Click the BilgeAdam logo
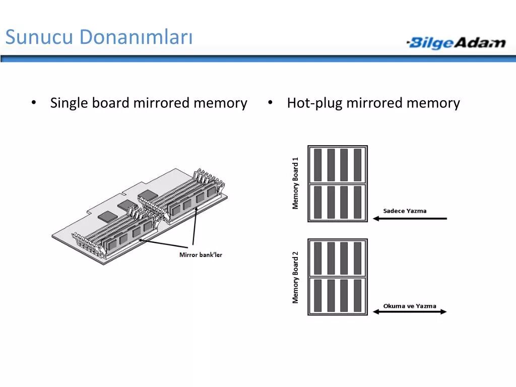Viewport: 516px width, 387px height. (456, 43)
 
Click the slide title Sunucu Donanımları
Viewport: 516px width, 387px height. (99, 37)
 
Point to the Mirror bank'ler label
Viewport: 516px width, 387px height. (201, 255)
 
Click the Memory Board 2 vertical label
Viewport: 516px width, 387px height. (296, 277)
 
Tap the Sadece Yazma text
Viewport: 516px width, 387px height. (405, 211)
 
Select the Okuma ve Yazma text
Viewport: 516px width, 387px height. (410, 306)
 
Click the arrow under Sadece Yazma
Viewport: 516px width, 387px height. (410, 219)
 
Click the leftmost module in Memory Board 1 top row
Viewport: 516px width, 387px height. (318, 165)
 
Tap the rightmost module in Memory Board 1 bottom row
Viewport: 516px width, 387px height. (357, 202)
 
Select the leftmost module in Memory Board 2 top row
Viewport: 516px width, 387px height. (318, 258)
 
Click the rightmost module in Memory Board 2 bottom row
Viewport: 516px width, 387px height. (357, 295)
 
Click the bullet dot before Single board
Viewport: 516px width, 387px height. (33, 103)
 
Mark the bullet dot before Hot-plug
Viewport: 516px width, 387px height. (271, 103)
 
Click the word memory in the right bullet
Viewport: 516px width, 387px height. (433, 103)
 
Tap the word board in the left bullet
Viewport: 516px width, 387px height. (111, 103)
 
